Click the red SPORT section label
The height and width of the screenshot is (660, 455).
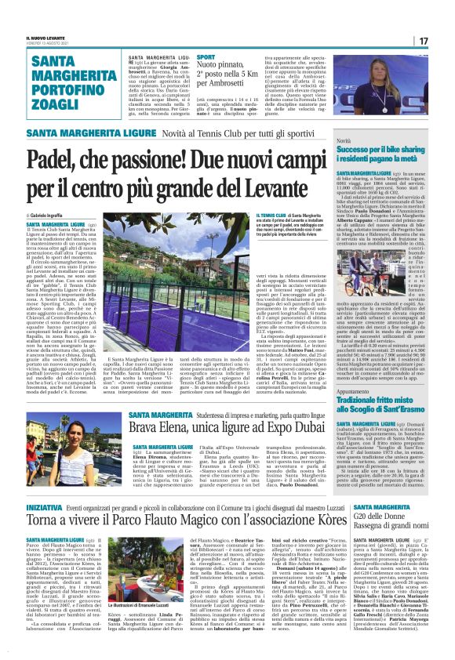tap(206, 58)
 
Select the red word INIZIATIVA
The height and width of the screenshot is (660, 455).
tap(50, 507)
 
